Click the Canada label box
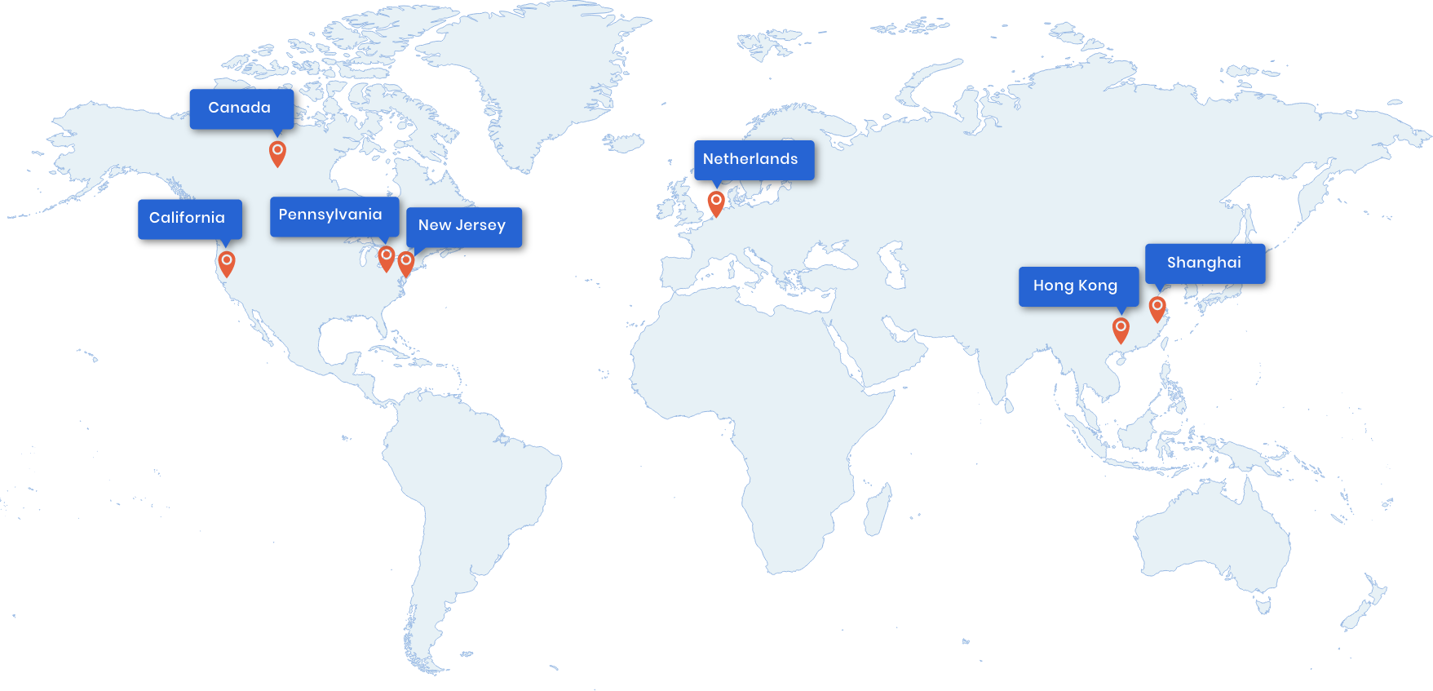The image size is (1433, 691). [x=241, y=109]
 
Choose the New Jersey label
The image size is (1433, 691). [x=463, y=226]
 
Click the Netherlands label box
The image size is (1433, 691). [x=753, y=160]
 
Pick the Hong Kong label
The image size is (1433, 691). [x=1077, y=286]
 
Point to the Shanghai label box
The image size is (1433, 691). [x=1205, y=264]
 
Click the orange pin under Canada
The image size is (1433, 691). [x=277, y=152]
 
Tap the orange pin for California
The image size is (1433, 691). [x=227, y=263]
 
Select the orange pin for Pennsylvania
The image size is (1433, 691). [x=387, y=257]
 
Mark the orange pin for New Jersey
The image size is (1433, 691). [x=405, y=262]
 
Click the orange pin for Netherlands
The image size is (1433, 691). [x=716, y=202]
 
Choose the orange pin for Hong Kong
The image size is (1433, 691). [x=1121, y=329]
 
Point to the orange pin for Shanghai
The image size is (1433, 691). [x=1157, y=308]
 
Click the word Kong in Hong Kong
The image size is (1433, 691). [x=1098, y=286]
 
